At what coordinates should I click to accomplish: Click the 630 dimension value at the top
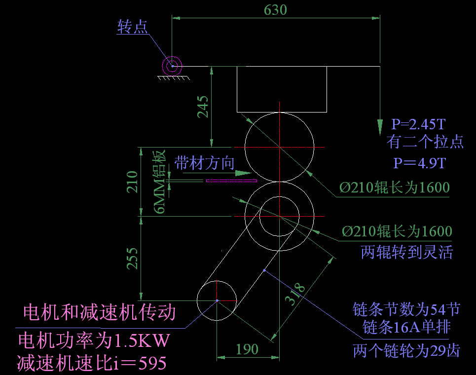(275, 10)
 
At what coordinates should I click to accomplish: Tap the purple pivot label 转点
(132, 27)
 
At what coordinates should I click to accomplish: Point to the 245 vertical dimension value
(203, 106)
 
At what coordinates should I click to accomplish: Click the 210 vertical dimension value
(132, 182)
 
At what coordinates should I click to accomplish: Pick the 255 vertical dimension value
(132, 258)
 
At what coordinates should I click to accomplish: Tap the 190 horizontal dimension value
(247, 349)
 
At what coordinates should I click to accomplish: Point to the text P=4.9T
(419, 163)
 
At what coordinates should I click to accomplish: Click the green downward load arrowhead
(380, 127)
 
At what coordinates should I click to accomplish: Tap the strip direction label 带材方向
(205, 163)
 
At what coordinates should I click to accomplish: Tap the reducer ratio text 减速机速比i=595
(91, 364)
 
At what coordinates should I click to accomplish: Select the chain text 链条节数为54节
(406, 309)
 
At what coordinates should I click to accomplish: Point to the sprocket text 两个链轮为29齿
(406, 351)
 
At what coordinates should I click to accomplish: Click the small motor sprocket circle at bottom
(217, 300)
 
